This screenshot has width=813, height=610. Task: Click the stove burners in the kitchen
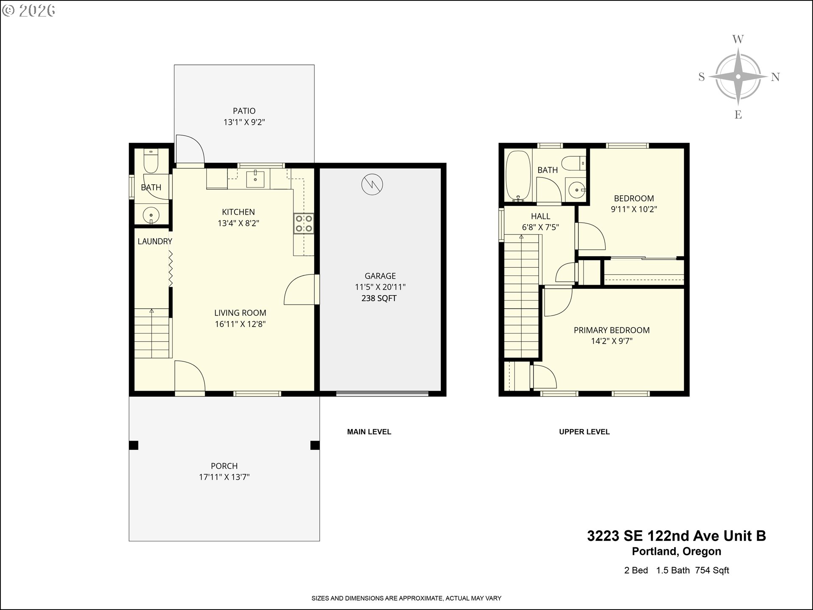click(x=304, y=224)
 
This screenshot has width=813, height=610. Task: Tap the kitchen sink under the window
click(x=256, y=179)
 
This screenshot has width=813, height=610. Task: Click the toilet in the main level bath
click(x=150, y=161)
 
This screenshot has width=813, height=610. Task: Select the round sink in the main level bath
click(x=151, y=215)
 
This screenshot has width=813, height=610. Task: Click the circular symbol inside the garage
click(x=372, y=185)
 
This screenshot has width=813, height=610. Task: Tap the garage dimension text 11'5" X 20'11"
click(x=380, y=287)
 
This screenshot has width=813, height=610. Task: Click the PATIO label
click(x=244, y=111)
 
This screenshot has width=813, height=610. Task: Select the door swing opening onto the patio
click(x=189, y=149)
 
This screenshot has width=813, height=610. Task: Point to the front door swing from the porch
click(x=189, y=376)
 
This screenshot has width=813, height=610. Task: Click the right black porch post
click(x=315, y=445)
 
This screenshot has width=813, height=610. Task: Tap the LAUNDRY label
click(x=155, y=241)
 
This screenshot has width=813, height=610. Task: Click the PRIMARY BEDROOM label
click(x=611, y=330)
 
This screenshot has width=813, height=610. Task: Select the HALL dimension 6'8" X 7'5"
click(x=540, y=227)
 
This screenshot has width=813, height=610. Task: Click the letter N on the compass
click(x=775, y=77)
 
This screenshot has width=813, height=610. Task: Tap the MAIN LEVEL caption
click(x=369, y=432)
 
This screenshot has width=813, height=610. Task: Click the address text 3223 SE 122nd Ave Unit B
click(x=676, y=536)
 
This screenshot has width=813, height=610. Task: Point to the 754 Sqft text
click(x=712, y=570)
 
